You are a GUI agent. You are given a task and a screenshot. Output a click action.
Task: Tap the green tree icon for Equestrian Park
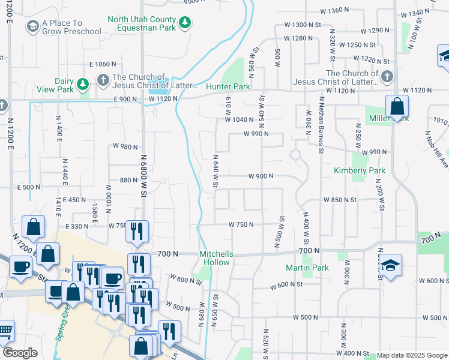coord(186,23)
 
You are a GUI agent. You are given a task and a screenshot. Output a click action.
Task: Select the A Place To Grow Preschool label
coord(70,27)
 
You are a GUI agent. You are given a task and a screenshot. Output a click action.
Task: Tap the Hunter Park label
coord(228,87)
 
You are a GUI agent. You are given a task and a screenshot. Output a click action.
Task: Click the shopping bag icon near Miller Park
coord(397,108)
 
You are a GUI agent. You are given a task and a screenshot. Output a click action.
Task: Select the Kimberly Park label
coord(360,171)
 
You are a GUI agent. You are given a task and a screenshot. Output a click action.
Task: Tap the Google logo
coord(20,353)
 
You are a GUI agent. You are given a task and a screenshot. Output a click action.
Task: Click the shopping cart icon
coord(5,331)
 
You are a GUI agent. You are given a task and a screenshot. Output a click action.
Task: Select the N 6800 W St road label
coord(144,174)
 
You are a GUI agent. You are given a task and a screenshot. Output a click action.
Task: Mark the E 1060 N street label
coord(102,64)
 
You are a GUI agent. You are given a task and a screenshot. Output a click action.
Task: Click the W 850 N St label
coord(340,200)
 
